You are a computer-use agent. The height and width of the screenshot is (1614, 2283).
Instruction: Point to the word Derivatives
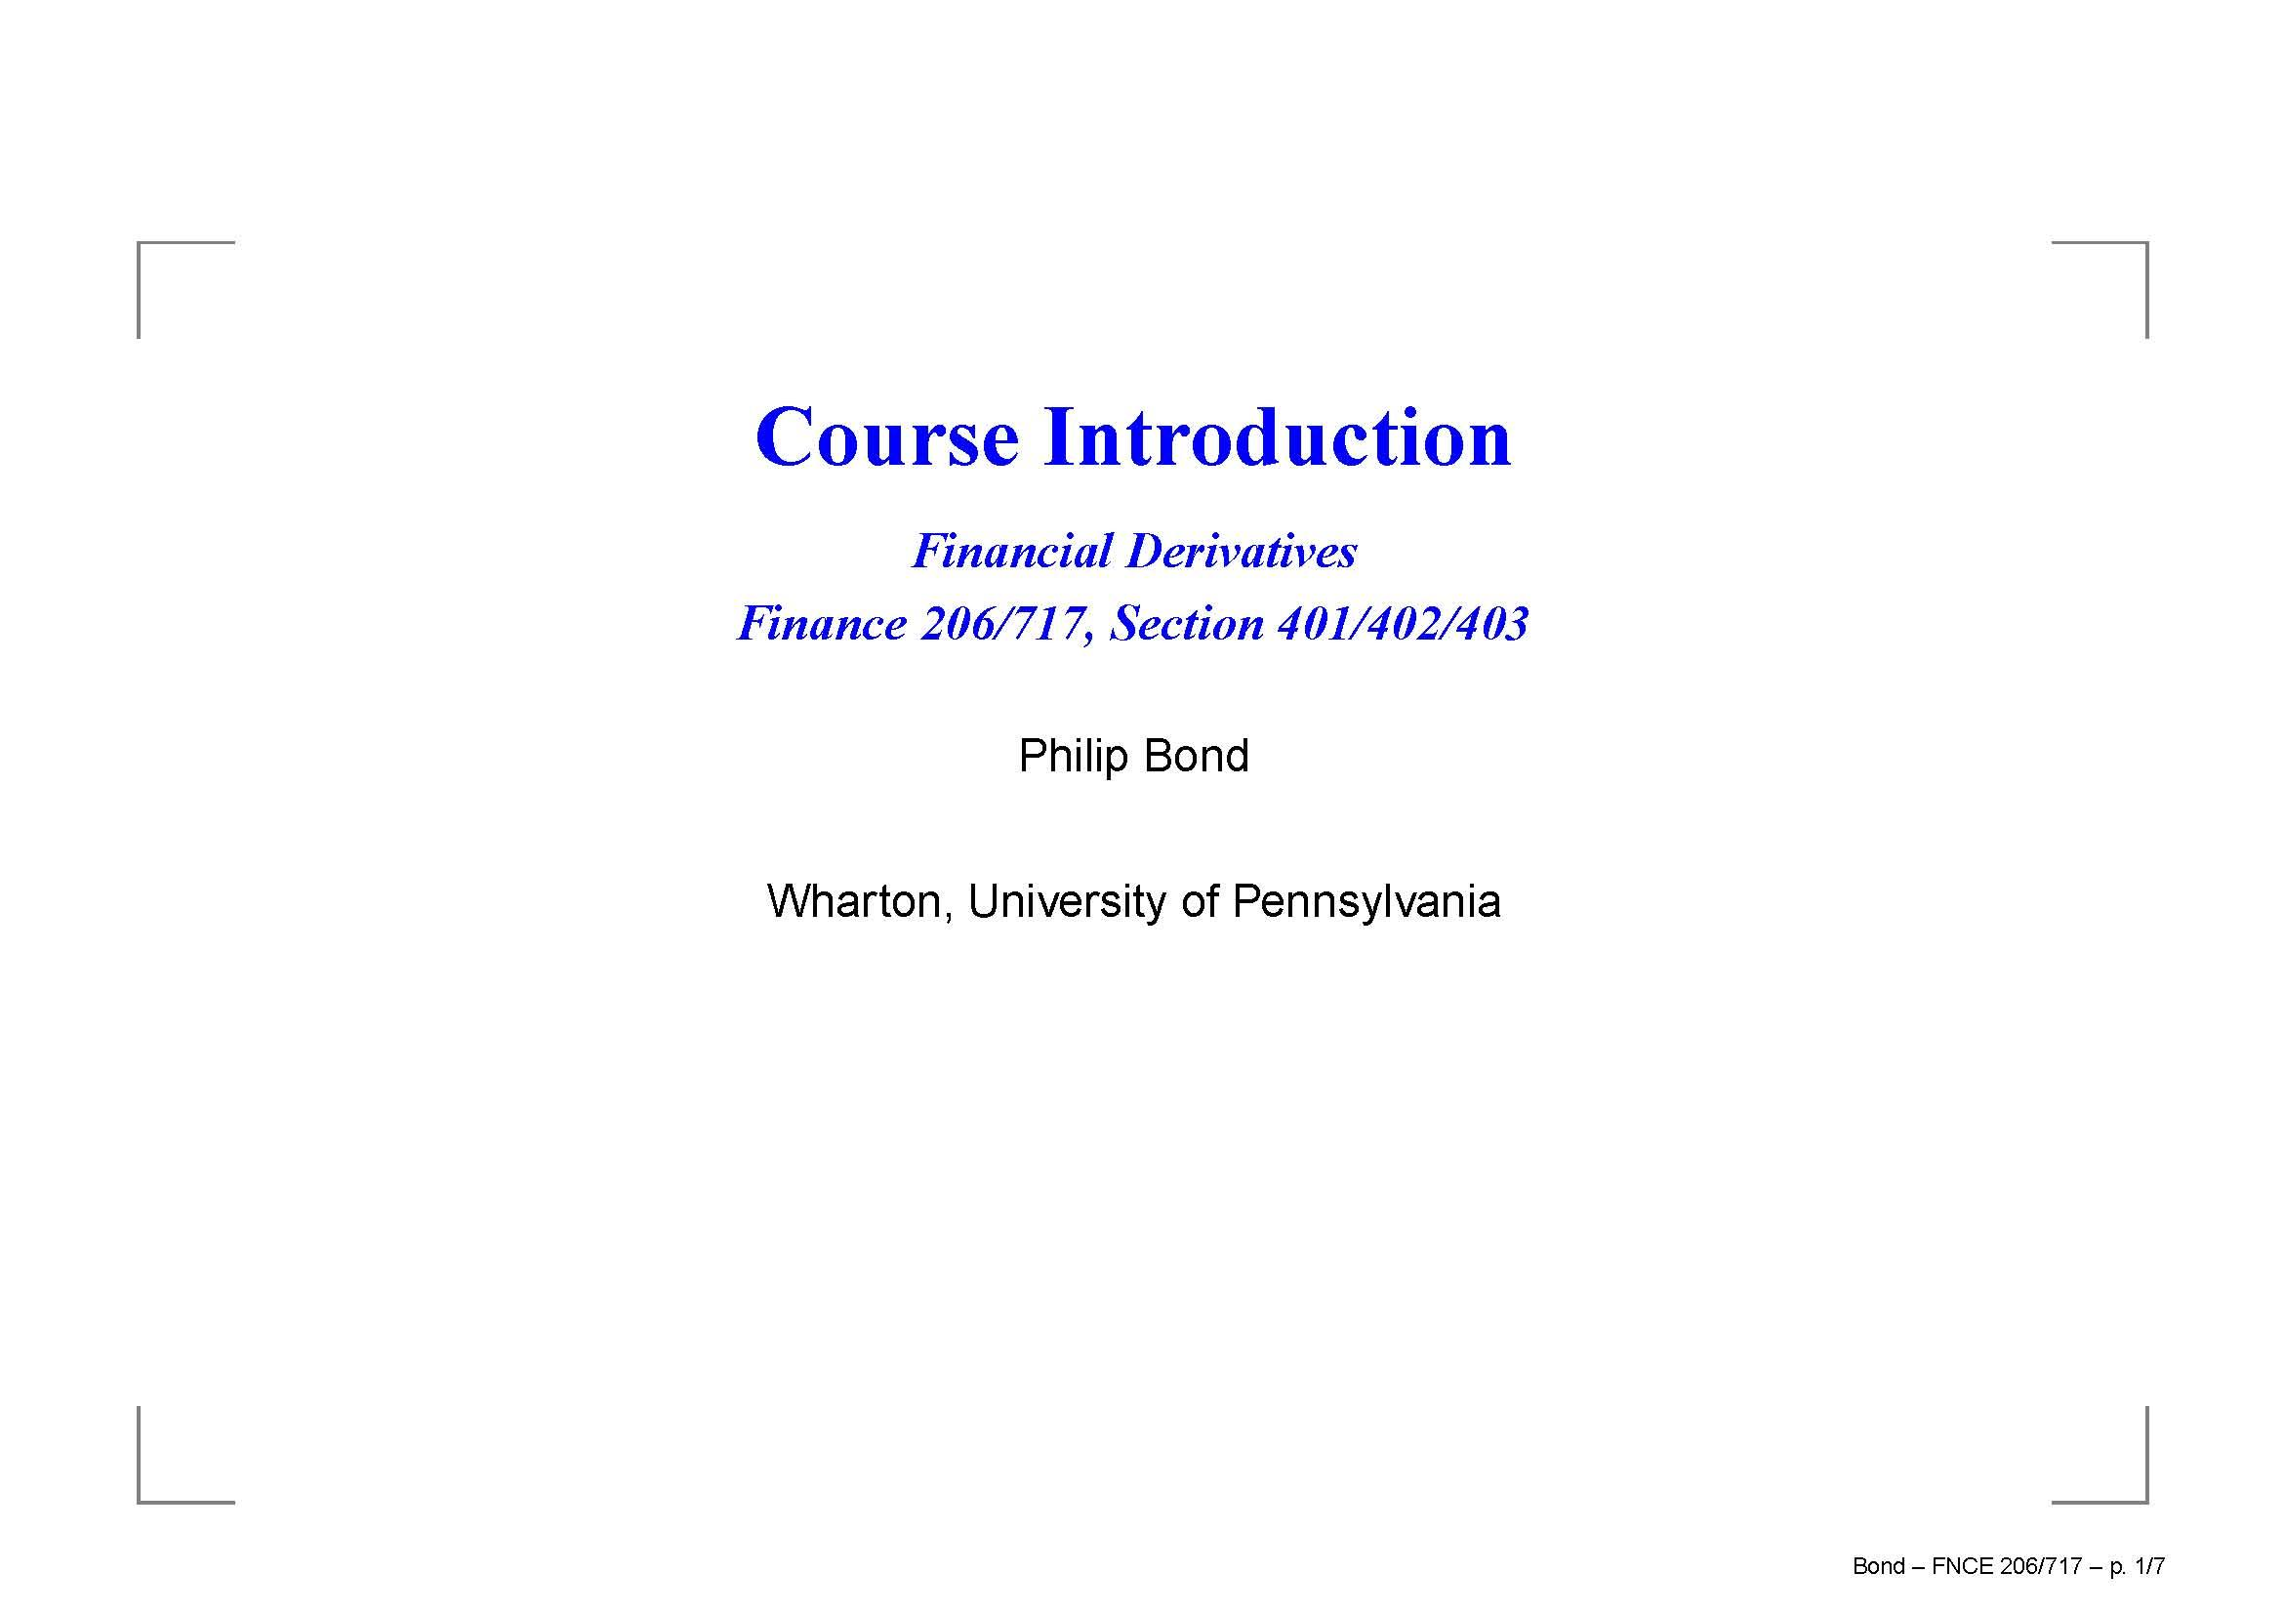(x=1242, y=551)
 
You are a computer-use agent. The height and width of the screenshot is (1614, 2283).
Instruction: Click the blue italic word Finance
(x=821, y=624)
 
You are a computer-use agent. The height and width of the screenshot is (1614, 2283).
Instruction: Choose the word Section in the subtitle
(x=1187, y=624)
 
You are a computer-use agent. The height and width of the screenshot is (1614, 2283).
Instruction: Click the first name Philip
(x=1074, y=757)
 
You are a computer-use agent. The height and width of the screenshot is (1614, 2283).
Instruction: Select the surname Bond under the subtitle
(x=1197, y=756)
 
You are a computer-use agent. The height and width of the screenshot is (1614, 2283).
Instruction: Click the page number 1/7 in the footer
(x=2149, y=1566)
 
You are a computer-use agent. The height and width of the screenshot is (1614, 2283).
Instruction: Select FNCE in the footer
(x=1963, y=1566)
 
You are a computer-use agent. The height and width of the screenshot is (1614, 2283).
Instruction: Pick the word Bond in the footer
(x=1879, y=1566)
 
